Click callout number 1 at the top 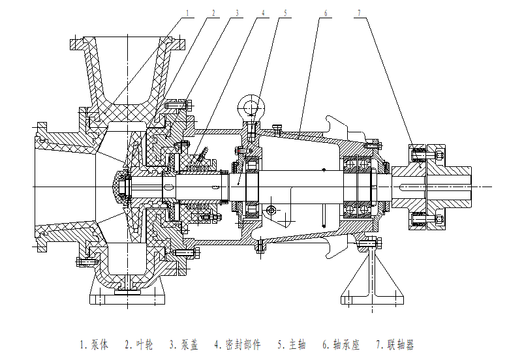tap(188, 12)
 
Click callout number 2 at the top tap(213, 12)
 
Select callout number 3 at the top tap(237, 12)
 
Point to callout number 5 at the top tap(285, 12)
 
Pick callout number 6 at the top tap(322, 12)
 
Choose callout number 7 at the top tap(360, 12)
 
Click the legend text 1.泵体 tap(95, 344)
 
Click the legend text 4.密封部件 tap(237, 344)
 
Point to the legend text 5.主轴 tap(291, 344)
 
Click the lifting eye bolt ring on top tap(251, 104)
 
